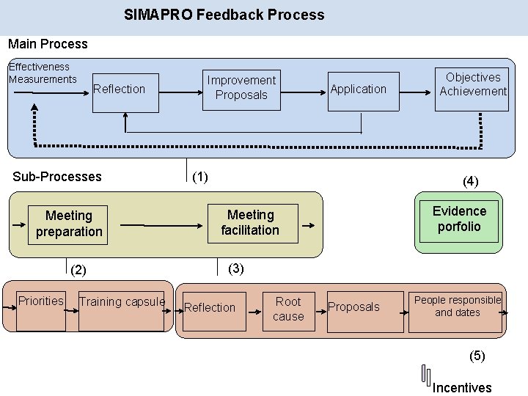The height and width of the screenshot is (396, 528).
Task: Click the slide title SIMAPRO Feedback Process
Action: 224,15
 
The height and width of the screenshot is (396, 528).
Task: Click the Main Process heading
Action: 48,44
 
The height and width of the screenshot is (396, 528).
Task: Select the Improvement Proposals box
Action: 241,88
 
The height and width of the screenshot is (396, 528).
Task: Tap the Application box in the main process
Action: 358,89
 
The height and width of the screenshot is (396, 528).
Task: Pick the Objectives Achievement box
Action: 472,85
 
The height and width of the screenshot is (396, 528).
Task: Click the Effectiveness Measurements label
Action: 42,73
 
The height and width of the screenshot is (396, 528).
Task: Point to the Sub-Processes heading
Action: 57,177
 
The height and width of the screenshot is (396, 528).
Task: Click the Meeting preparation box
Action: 69,224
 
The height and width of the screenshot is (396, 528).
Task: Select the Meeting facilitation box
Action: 250,222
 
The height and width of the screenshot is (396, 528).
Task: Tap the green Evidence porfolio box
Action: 459,219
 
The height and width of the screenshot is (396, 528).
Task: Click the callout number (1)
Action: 199,177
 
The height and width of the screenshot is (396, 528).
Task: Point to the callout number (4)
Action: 470,182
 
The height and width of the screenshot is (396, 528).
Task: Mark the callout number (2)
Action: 78,270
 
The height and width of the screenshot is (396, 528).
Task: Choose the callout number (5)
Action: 477,356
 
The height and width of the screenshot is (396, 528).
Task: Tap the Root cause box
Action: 288,309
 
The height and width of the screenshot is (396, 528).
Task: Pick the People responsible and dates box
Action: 457,307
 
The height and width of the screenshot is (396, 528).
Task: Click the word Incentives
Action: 461,387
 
